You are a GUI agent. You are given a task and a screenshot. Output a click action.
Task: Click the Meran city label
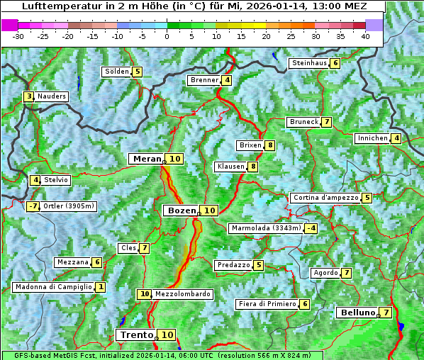tap(146, 159)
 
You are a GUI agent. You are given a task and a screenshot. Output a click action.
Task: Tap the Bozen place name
tap(182, 210)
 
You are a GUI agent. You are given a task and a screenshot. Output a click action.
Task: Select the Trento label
tap(136, 334)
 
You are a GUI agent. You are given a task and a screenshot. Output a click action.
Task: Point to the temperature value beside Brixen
tap(270, 145)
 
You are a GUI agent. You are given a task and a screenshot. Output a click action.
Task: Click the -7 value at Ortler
tap(33, 207)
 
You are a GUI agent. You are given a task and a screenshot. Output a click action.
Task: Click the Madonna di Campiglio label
tap(53, 287)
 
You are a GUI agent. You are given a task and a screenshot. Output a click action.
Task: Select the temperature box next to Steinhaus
tap(335, 63)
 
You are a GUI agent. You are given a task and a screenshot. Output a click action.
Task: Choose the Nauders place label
tap(52, 96)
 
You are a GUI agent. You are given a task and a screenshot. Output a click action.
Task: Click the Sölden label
tap(117, 72)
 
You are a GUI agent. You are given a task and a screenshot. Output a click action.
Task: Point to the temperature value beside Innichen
tap(396, 138)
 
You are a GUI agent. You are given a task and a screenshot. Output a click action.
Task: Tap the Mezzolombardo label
tap(182, 294)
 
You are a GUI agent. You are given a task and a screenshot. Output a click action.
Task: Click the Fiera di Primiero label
tap(267, 304)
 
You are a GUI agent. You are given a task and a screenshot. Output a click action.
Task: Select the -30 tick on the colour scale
tap(19, 36)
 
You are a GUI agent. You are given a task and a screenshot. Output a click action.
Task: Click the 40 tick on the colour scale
tap(365, 36)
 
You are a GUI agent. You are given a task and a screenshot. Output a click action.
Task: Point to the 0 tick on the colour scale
tap(167, 36)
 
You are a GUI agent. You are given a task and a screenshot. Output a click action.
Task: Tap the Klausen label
tap(230, 167)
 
